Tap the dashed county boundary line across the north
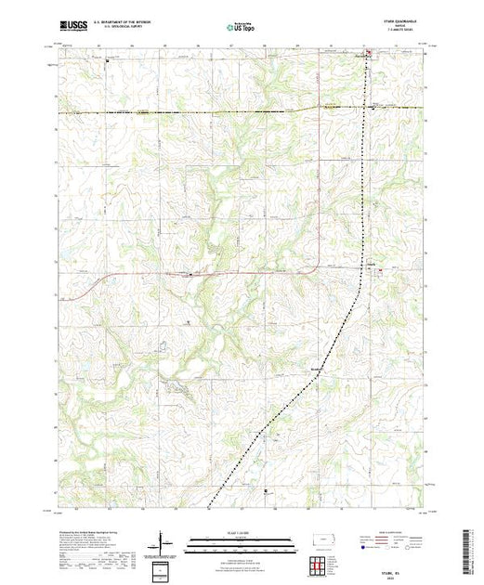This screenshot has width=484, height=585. (186, 111)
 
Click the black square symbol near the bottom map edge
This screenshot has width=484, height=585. (267, 490)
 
